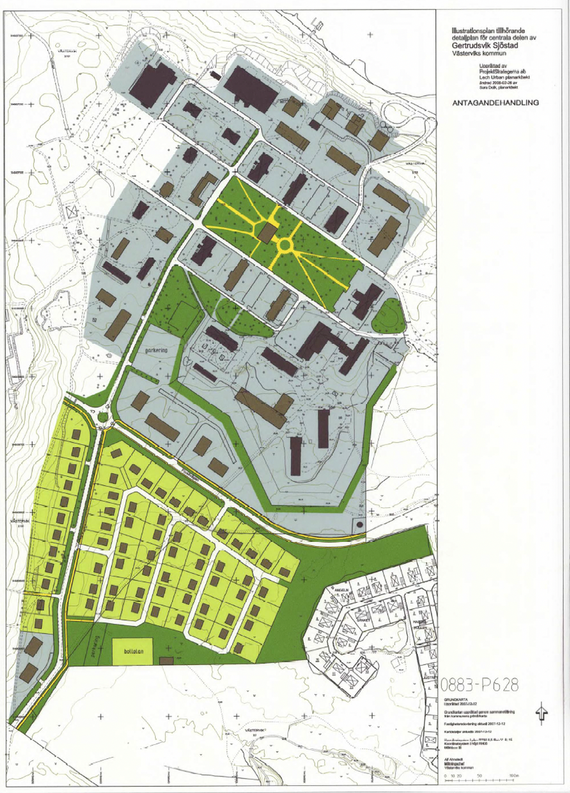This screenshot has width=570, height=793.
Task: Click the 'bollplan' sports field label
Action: tap(133, 651)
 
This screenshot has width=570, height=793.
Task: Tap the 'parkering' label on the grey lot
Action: tap(156, 350)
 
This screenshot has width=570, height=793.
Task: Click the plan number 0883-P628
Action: tap(480, 685)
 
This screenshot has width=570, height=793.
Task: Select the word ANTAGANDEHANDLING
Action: tap(495, 103)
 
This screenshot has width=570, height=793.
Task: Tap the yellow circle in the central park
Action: tap(286, 244)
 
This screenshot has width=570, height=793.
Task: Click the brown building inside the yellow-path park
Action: tap(268, 232)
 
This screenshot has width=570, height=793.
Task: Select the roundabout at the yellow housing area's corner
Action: tap(103, 417)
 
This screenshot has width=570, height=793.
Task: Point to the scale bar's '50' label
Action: tap(480, 775)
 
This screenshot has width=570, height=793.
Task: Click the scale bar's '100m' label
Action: tap(513, 775)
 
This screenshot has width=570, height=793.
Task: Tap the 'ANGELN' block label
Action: tap(341, 589)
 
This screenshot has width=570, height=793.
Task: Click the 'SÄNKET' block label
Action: tap(363, 619)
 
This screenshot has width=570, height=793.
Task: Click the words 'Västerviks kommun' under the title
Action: tap(479, 53)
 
